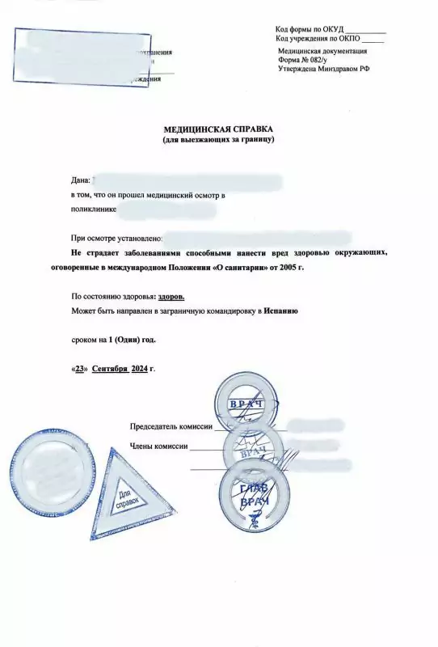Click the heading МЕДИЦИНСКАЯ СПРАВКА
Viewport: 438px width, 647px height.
(218, 129)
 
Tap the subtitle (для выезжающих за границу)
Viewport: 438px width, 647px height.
(218, 140)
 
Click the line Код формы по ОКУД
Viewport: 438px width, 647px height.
(330, 30)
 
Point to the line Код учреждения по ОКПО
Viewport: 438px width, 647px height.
(329, 40)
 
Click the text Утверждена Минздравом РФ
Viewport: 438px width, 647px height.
(323, 70)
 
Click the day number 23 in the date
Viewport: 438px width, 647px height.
(81, 368)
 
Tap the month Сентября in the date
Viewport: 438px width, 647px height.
(110, 368)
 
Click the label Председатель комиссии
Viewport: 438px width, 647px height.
(171, 426)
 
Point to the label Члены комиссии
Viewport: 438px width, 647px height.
(158, 446)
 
